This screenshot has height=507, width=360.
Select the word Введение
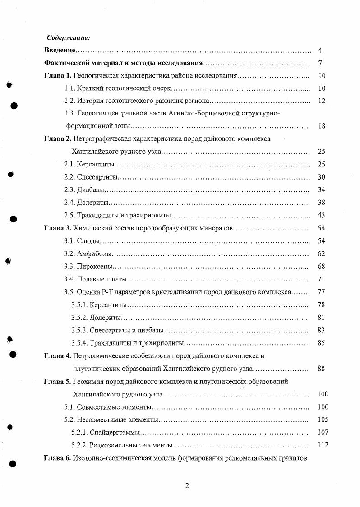(x=60, y=51)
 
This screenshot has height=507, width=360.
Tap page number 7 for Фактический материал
(x=319, y=63)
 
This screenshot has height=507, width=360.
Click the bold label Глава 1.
(x=57, y=76)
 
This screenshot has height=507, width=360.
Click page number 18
(x=321, y=126)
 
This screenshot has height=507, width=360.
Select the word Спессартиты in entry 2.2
(x=97, y=177)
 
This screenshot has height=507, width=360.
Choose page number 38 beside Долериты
(x=321, y=203)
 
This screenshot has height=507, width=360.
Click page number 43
(x=321, y=215)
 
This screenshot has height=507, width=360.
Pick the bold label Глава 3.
(x=57, y=228)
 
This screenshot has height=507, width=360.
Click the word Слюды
(x=88, y=241)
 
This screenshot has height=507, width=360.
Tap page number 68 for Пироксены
(x=321, y=267)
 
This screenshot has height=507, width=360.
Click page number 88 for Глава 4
(x=321, y=369)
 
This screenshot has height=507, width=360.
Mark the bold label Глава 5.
(x=57, y=382)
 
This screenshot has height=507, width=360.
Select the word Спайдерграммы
(x=115, y=433)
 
